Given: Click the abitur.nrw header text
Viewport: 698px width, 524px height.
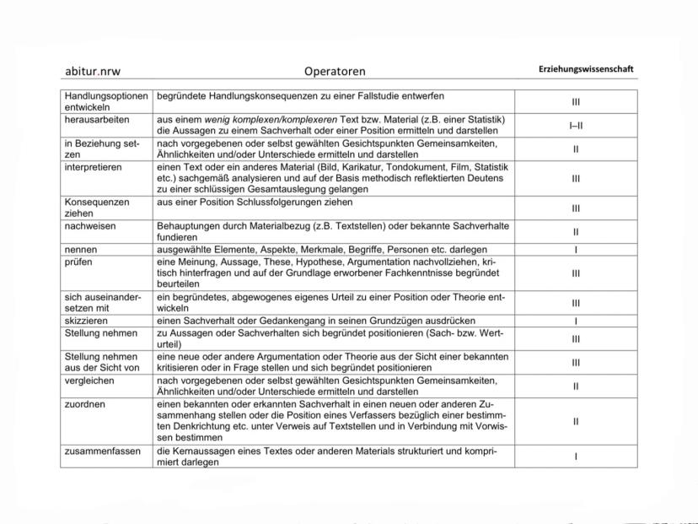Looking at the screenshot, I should click(x=93, y=71).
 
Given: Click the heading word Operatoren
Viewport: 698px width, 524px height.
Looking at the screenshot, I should click(x=335, y=72).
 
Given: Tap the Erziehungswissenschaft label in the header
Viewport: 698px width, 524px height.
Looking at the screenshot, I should click(x=586, y=69).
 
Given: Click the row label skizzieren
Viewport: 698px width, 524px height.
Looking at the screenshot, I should click(x=85, y=321).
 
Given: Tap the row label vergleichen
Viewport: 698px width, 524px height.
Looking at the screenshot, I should click(x=88, y=380).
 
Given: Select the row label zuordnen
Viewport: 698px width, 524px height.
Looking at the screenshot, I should click(x=83, y=404).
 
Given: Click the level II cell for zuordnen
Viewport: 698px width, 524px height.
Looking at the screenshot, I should click(x=576, y=421).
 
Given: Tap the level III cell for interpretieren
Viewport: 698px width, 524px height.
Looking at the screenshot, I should click(x=576, y=179).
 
